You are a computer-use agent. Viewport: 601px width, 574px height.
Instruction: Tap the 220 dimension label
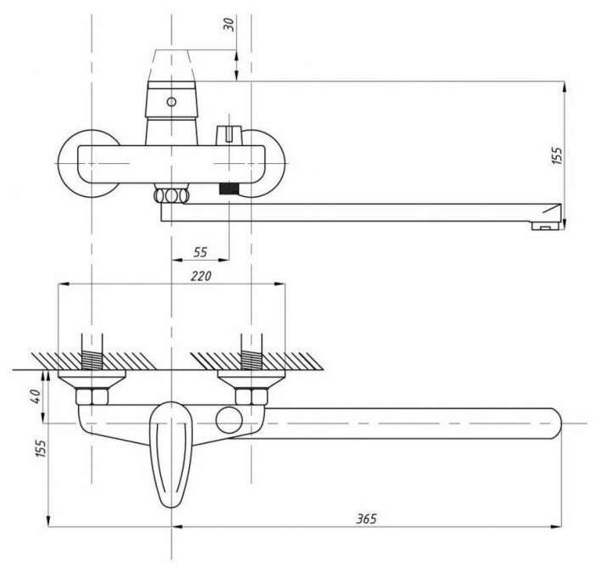point(200,277)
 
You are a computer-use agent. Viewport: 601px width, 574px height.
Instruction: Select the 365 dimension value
point(366,518)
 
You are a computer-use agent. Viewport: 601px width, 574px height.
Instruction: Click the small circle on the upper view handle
point(172,102)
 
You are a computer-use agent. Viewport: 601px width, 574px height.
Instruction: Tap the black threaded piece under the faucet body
point(227,193)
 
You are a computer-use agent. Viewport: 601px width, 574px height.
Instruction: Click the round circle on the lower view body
point(228,419)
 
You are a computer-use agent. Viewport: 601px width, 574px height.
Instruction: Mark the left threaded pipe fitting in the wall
point(92,352)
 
